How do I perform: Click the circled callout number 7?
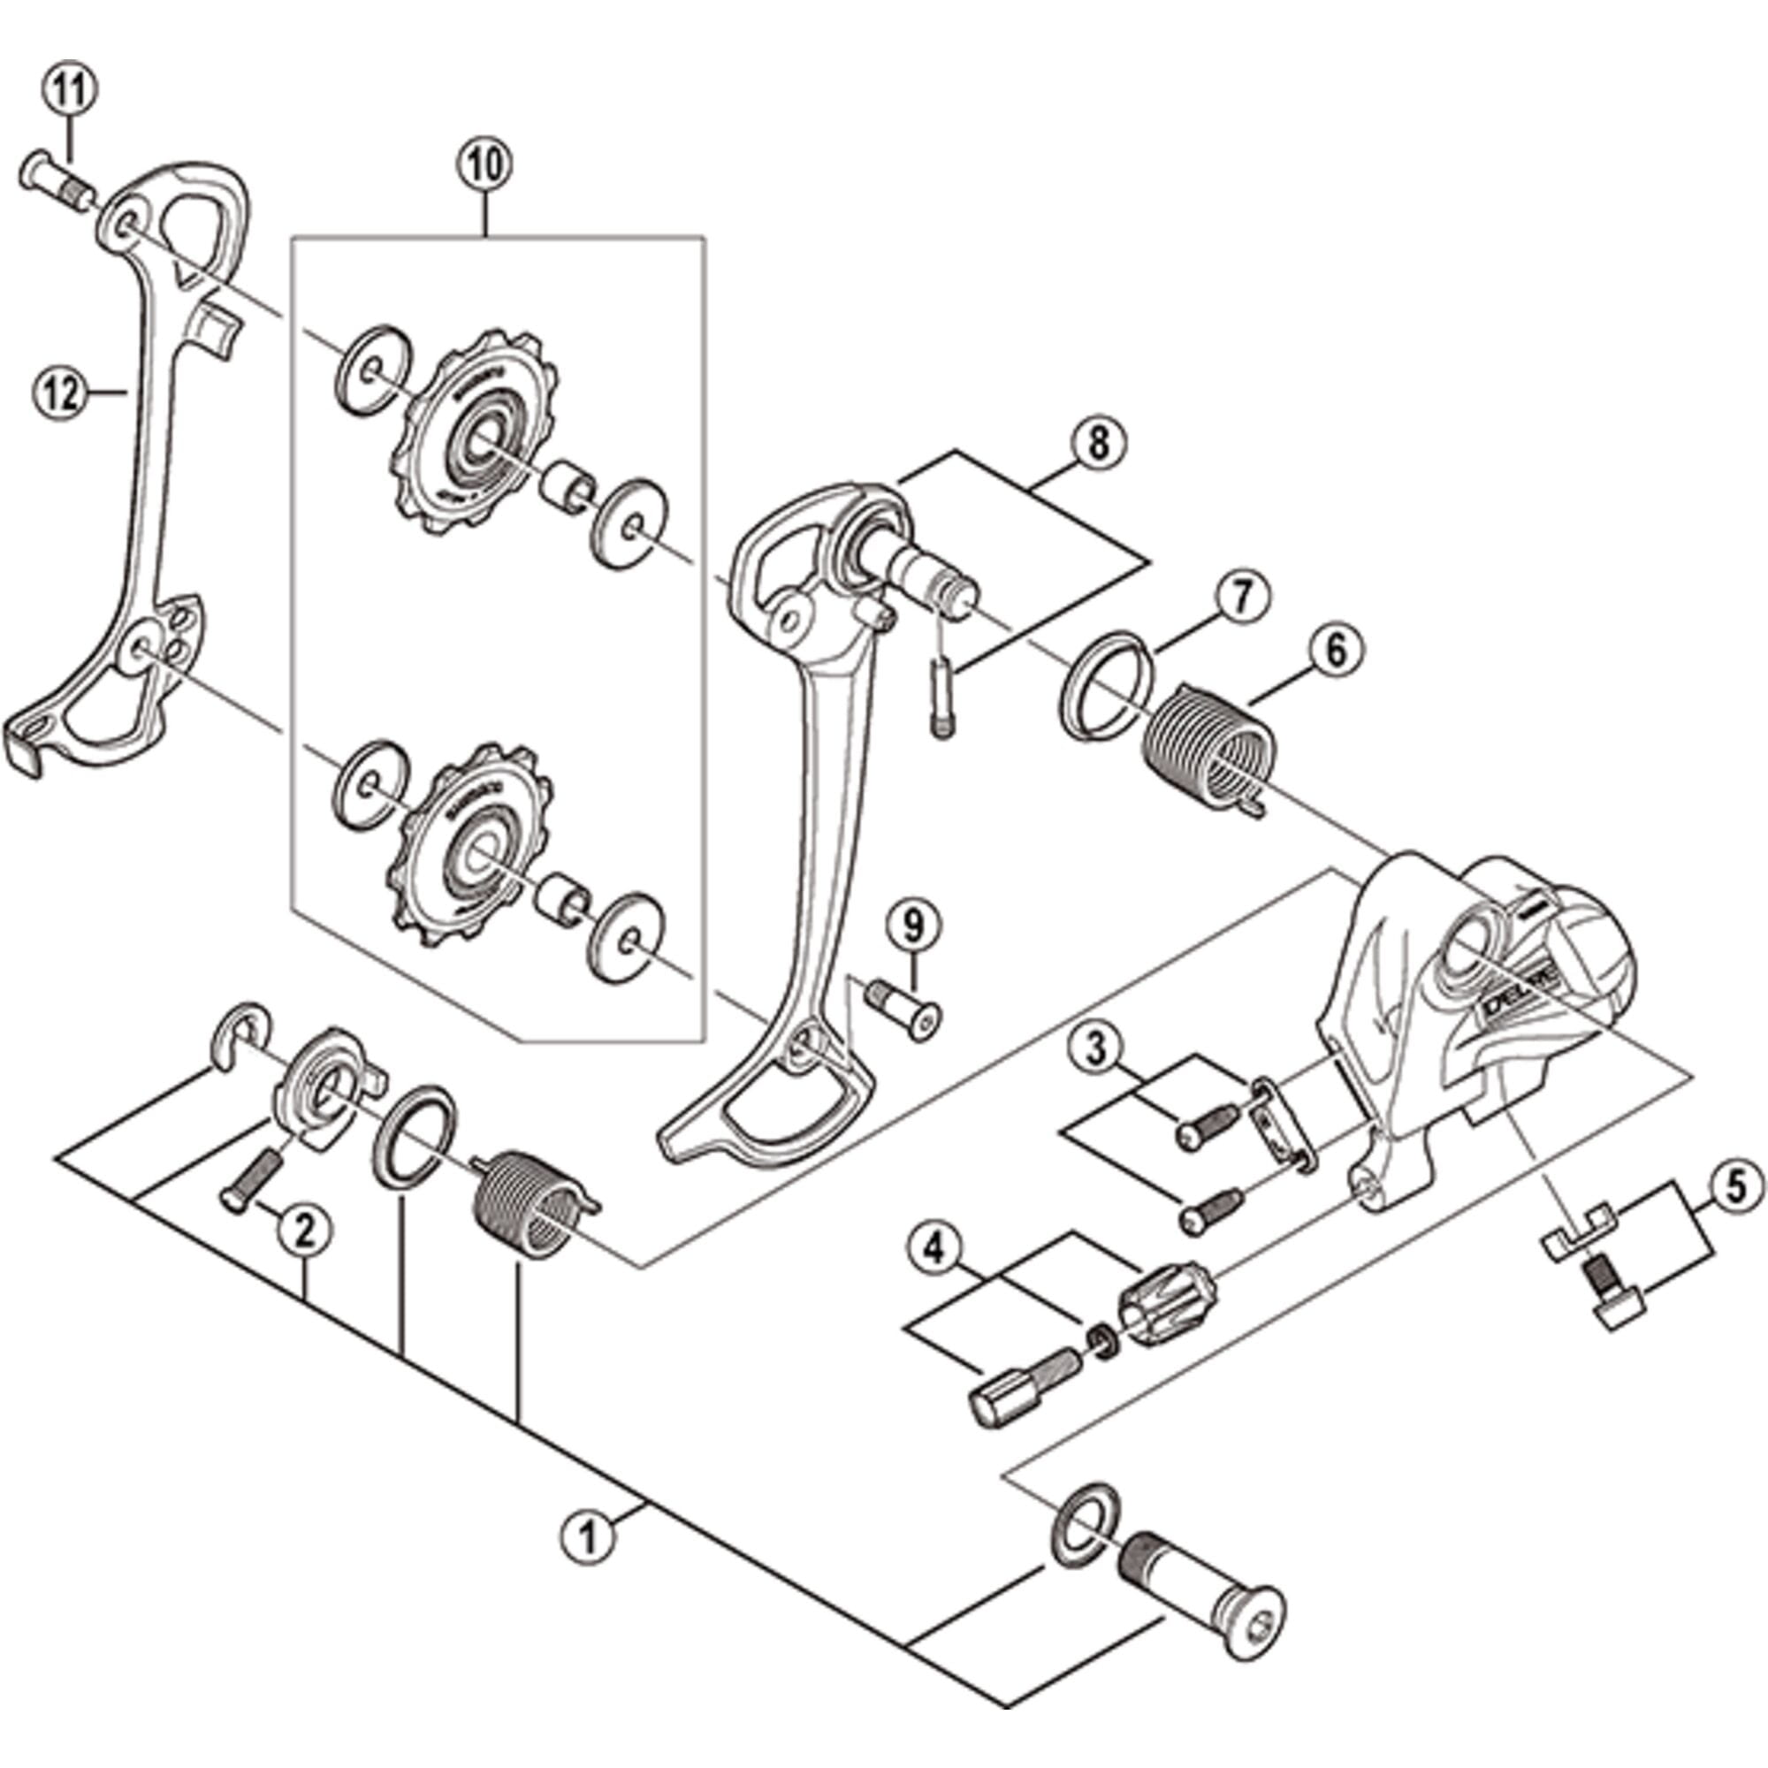click(x=1243, y=597)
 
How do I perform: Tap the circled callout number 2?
click(x=304, y=1231)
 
